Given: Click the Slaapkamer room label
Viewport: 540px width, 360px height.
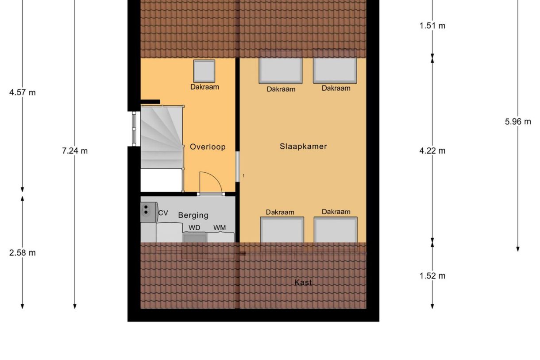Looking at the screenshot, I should pos(303,146).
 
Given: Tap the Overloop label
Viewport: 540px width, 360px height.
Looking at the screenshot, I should pos(208,147).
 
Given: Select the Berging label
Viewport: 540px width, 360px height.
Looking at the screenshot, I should pos(193,215).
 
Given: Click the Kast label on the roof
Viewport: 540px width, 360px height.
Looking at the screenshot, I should pos(303,282).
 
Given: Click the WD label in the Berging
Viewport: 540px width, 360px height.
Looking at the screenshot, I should pos(194,228).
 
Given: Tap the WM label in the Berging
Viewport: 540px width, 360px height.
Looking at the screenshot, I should pos(220,228).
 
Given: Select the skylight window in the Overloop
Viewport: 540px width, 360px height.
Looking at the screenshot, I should pos(204,71).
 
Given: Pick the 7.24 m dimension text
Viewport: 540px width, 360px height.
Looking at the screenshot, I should pos(75,151).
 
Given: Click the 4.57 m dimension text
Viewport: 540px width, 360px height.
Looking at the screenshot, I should pos(22,93).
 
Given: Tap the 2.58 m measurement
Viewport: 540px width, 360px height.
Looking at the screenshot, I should pos(22,253).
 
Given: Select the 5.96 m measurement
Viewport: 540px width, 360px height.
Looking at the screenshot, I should pos(518,122).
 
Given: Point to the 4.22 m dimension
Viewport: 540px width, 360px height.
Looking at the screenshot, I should pos(432,151).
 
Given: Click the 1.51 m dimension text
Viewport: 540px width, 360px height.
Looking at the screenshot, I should pos(432,26).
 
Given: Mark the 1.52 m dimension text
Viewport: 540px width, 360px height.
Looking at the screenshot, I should pos(432,276).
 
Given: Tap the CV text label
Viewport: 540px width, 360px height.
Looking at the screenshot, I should pos(163,213).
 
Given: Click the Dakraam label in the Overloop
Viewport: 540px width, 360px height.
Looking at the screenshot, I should pos(204,87).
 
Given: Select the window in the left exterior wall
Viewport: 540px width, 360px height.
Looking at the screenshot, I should pos(134,128).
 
